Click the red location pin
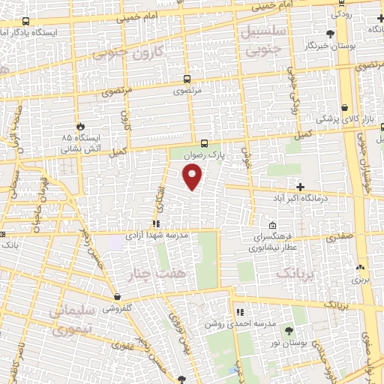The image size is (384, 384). pyautogui.click(x=193, y=177)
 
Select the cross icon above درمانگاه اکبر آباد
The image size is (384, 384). pyautogui.click(x=300, y=186)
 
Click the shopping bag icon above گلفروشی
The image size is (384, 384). pyautogui.click(x=117, y=296)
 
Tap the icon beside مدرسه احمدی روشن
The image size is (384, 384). pyautogui.click(x=240, y=312)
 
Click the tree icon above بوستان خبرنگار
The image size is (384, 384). pyautogui.click(x=331, y=33)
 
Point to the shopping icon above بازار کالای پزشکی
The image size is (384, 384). pyautogui.click(x=344, y=107)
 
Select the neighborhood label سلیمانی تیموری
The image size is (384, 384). pyautogui.click(x=70, y=319)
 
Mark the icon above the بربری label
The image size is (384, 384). pyautogui.click(x=361, y=267)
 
